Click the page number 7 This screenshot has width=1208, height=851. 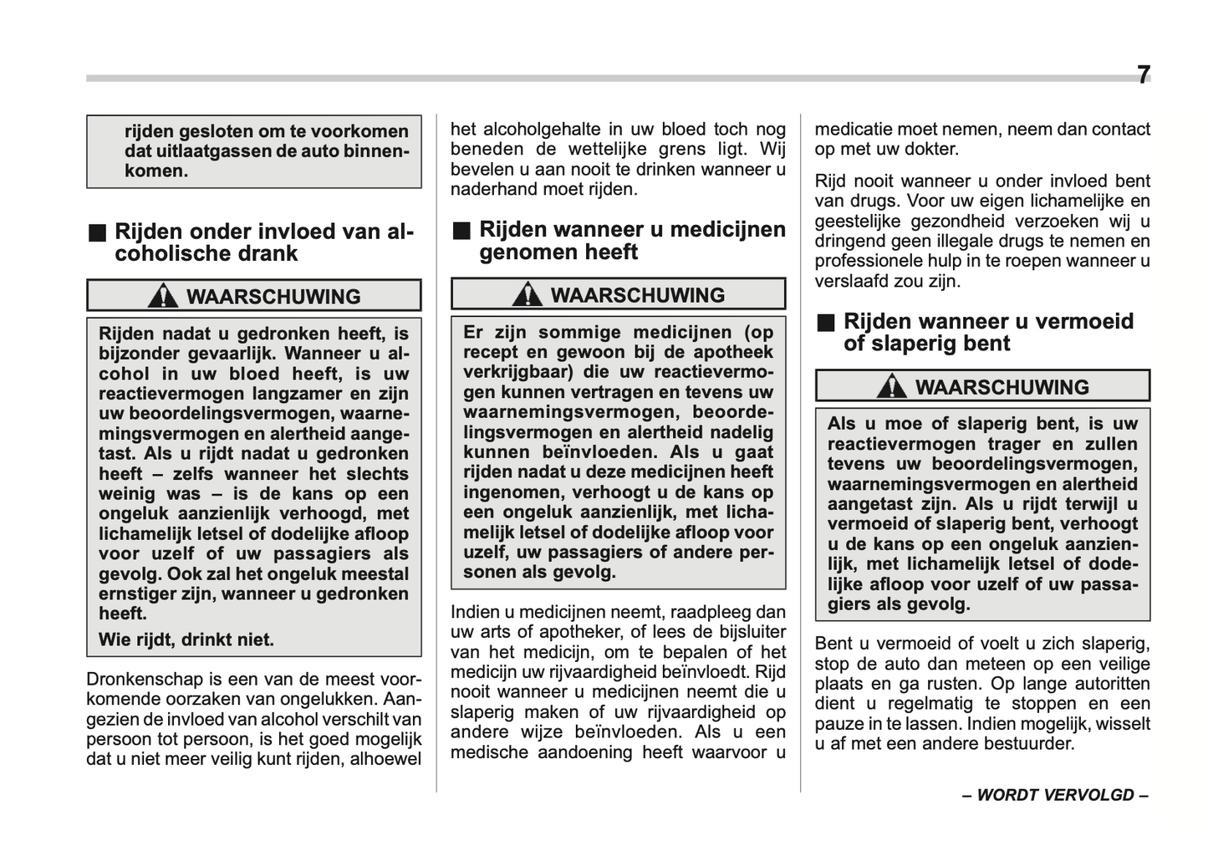(1143, 75)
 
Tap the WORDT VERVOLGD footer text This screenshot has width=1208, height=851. (1055, 795)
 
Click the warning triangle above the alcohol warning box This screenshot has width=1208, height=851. (162, 295)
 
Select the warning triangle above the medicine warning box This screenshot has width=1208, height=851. (527, 293)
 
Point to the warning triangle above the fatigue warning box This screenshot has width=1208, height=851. (892, 385)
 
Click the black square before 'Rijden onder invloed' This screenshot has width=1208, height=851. (99, 232)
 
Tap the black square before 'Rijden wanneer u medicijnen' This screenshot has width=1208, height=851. (461, 231)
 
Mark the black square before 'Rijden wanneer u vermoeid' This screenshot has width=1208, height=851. (826, 323)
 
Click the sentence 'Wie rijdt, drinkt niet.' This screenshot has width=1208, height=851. (186, 640)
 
